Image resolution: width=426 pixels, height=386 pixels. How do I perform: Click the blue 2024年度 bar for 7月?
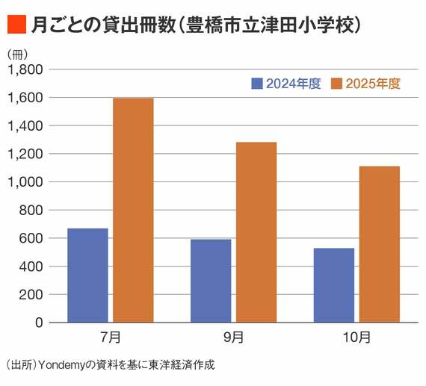(87, 275)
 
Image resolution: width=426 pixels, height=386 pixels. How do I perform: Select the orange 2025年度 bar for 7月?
(132, 210)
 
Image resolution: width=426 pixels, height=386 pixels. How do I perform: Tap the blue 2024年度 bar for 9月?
(211, 281)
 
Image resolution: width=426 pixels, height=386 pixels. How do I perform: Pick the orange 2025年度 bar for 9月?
(256, 232)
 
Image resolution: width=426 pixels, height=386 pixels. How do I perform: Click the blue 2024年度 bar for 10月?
(334, 285)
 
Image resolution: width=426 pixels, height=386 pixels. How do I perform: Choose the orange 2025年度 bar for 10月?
(379, 244)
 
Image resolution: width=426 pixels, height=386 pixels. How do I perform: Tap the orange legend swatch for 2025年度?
(337, 84)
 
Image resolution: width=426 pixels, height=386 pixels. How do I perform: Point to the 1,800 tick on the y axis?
(25, 69)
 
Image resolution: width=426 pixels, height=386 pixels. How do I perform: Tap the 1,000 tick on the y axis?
(25, 182)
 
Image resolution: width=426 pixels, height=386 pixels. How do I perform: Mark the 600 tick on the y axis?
(31, 238)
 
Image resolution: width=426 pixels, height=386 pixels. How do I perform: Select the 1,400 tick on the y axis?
(25, 125)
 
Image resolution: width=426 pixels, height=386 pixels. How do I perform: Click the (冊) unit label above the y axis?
(16, 55)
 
